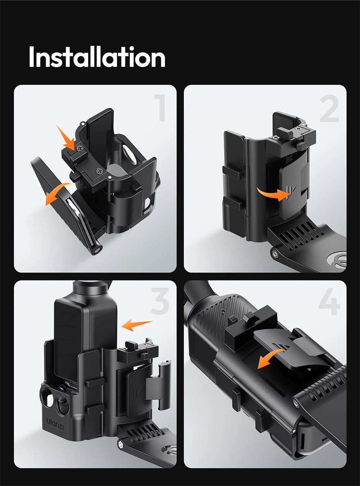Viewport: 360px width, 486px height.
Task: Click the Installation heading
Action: point(97,57)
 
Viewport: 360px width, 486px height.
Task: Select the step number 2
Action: point(329,108)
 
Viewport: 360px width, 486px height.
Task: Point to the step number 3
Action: point(159,301)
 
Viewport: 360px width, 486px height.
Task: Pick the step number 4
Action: point(329,301)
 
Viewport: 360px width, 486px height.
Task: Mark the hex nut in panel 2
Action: point(274,254)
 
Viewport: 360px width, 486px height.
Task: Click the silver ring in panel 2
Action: point(337,259)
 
